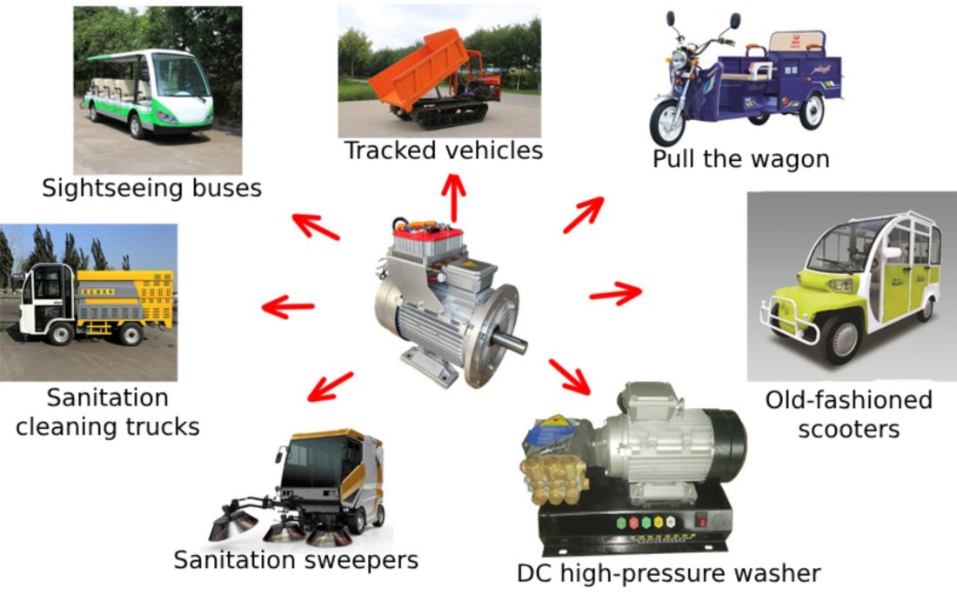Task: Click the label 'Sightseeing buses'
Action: click(151, 188)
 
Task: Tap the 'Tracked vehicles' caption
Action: click(444, 150)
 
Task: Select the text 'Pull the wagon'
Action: click(740, 159)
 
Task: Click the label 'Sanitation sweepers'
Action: click(296, 559)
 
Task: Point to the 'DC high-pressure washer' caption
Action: click(668, 574)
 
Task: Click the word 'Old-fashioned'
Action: click(848, 400)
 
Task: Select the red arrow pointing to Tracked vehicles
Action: click(452, 197)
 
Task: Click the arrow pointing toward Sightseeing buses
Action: click(315, 226)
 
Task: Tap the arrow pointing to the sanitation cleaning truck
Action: click(288, 307)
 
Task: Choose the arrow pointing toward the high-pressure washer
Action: click(570, 376)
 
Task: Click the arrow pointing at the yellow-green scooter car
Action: click(616, 293)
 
